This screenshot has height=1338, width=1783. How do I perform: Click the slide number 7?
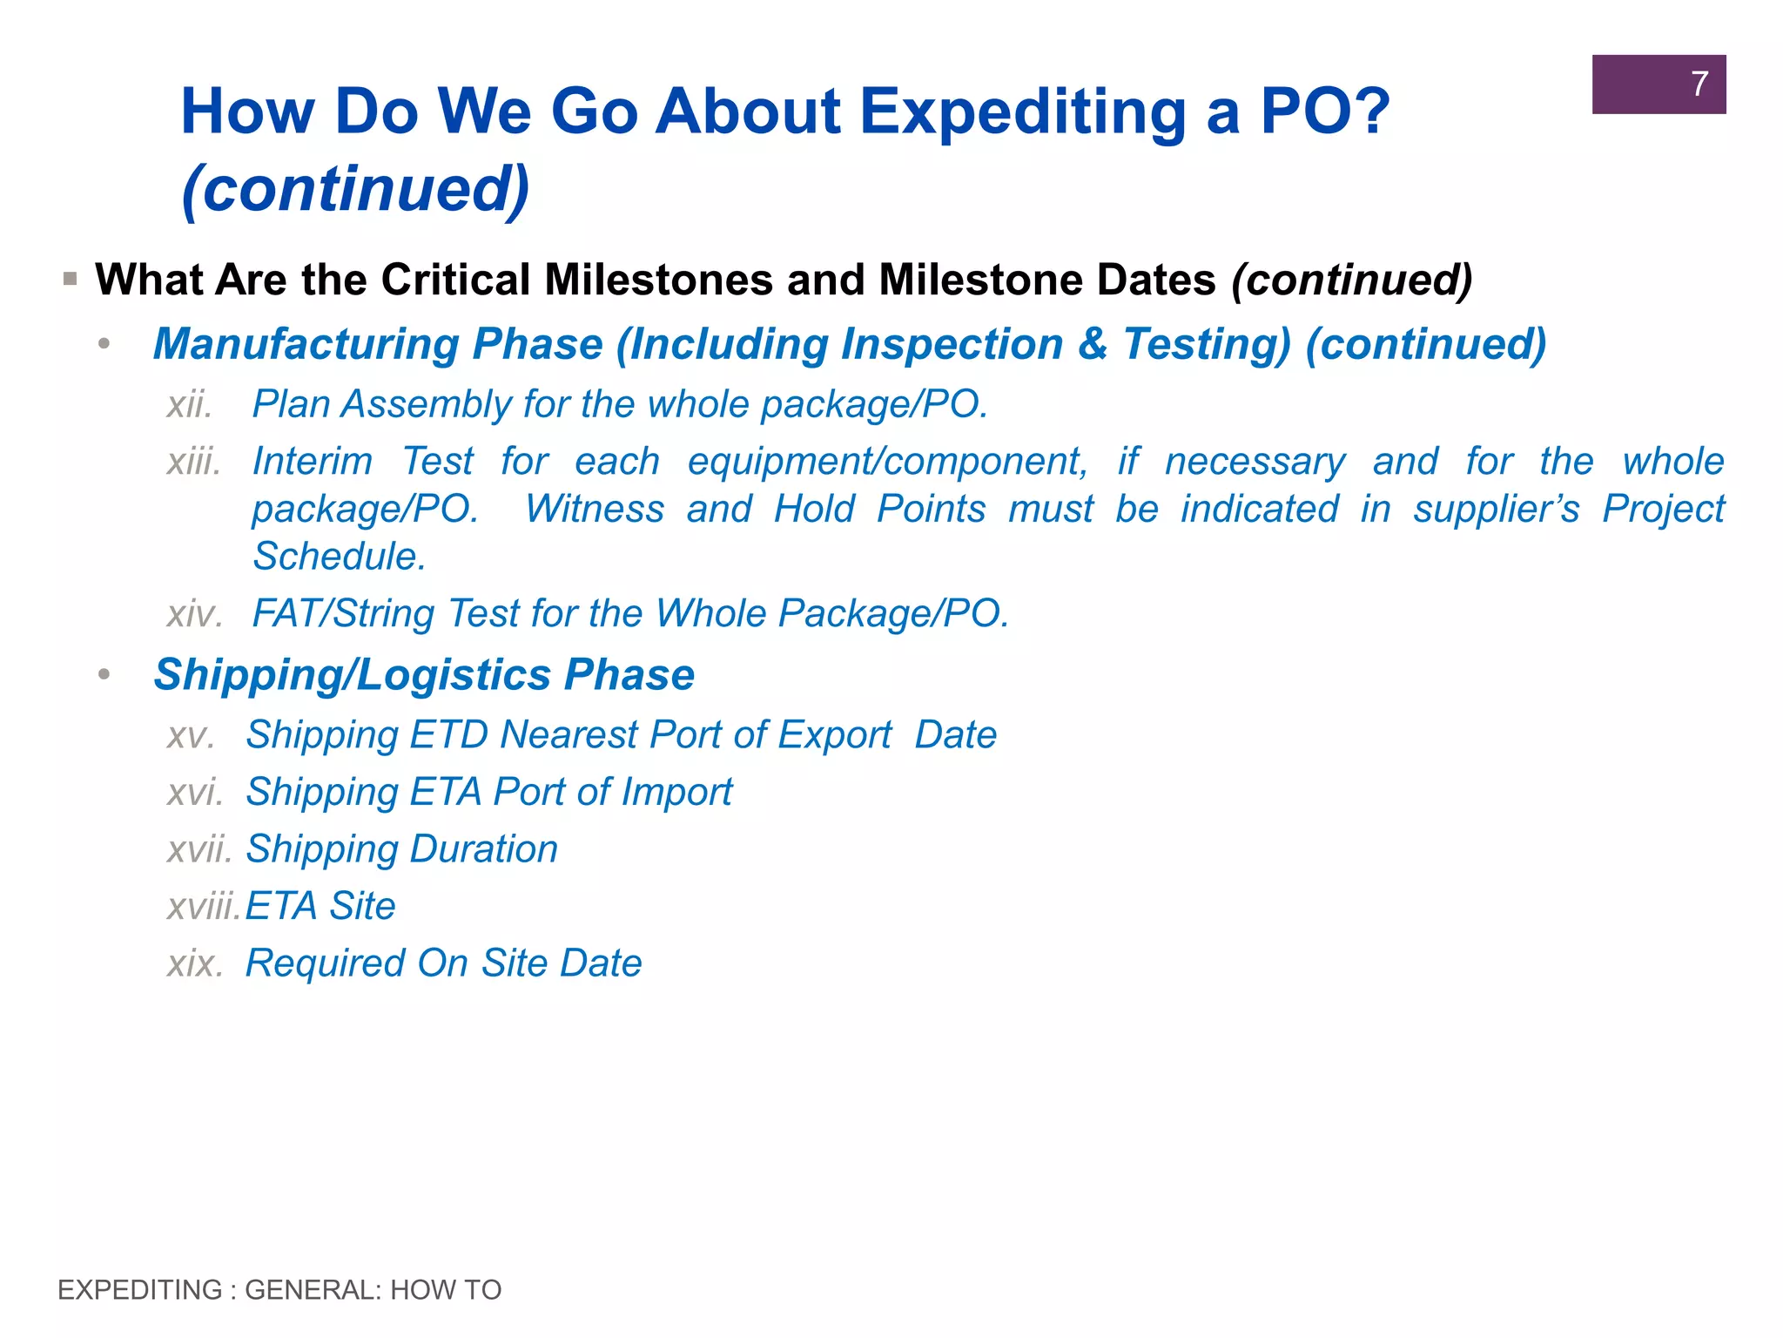click(1699, 84)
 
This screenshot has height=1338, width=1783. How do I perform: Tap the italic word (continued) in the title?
click(355, 189)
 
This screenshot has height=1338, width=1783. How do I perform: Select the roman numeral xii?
click(190, 405)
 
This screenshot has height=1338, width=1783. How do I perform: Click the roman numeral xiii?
click(193, 462)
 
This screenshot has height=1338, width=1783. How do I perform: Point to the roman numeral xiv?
click(194, 614)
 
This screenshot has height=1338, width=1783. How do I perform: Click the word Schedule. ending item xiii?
click(340, 557)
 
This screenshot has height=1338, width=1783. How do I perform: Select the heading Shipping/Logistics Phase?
click(424, 675)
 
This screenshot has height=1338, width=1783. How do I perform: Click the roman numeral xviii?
click(203, 907)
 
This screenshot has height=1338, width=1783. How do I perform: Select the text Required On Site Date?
click(443, 963)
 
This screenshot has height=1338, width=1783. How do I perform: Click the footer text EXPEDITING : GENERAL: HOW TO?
click(279, 1290)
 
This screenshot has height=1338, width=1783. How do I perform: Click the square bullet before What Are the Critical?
click(71, 280)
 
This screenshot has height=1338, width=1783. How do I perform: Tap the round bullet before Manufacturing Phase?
click(104, 345)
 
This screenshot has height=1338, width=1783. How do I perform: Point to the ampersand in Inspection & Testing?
click(1092, 344)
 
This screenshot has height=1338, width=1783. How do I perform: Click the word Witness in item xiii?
click(595, 510)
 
